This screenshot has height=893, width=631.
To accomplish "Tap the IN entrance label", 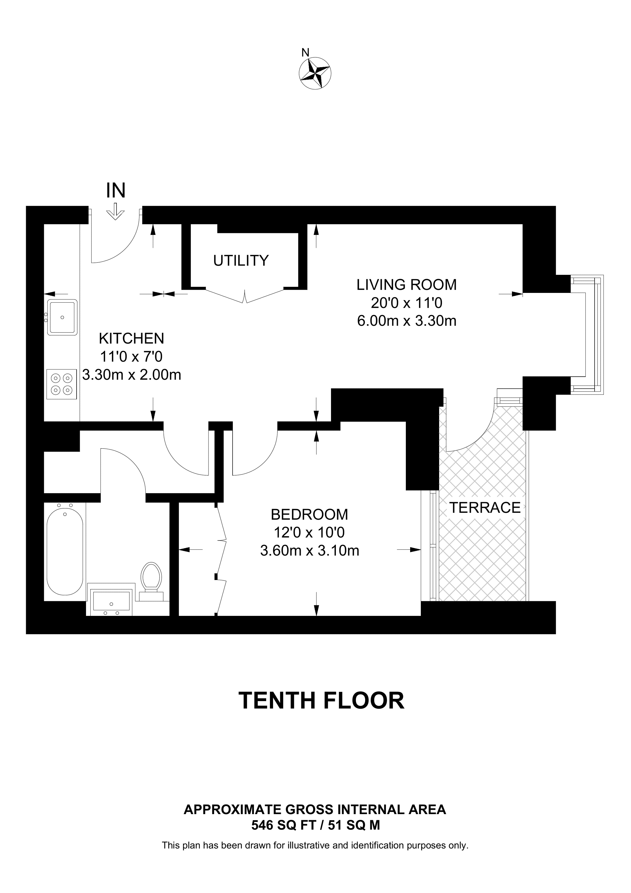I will coord(116,191).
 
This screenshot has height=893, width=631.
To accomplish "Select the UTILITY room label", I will coord(241,260).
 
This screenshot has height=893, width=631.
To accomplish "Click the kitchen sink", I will coord(62,317).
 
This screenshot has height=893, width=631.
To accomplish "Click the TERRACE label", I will coord(484,507).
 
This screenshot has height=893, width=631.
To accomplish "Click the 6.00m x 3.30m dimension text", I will coord(406,321).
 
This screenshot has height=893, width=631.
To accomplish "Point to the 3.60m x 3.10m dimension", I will coord(309,550).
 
